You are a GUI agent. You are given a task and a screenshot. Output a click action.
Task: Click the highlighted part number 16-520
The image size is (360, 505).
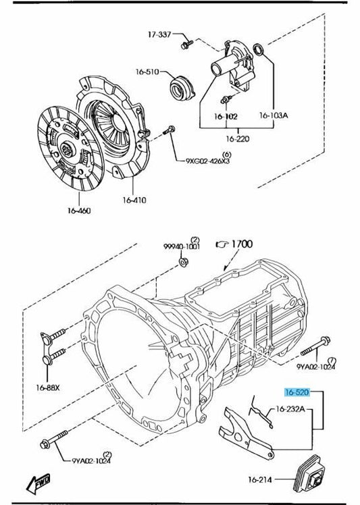(297, 392)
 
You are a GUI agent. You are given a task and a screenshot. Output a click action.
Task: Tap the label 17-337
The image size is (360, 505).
(159, 34)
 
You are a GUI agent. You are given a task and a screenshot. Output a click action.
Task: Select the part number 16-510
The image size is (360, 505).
(147, 72)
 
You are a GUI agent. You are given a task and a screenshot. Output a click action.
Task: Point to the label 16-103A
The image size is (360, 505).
(274, 115)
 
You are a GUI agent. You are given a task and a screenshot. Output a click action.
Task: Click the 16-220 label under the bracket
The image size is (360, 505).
(238, 139)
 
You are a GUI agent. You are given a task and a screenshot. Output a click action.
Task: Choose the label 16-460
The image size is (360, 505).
(79, 211)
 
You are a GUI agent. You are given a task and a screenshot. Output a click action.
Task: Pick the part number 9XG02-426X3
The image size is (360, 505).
(208, 161)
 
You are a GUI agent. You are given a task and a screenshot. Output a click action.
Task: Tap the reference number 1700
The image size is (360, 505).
(242, 244)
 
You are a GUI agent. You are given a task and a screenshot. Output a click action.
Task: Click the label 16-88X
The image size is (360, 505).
(48, 388)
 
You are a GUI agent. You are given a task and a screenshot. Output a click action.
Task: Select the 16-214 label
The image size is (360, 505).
(260, 479)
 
